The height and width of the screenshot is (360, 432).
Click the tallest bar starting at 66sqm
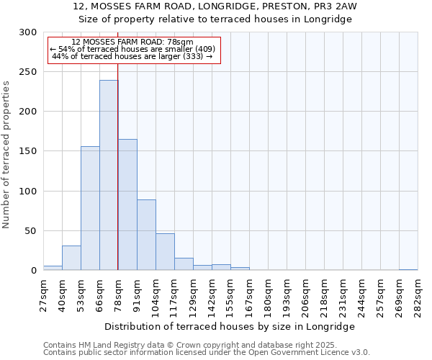point(109,175)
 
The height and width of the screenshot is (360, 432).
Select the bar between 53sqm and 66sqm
point(90,208)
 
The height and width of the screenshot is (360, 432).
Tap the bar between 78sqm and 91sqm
point(127,204)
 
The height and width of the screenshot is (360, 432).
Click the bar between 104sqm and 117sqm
point(165,252)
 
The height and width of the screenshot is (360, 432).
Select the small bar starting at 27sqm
point(53,268)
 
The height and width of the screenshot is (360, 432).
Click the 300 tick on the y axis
point(27,32)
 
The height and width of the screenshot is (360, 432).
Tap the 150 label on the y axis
point(27,152)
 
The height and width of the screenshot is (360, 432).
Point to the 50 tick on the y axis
point(30,231)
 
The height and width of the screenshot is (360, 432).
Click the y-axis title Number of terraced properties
point(6,155)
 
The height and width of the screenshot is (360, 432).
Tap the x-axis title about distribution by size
point(230,326)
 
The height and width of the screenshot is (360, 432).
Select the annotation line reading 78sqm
point(132,42)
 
